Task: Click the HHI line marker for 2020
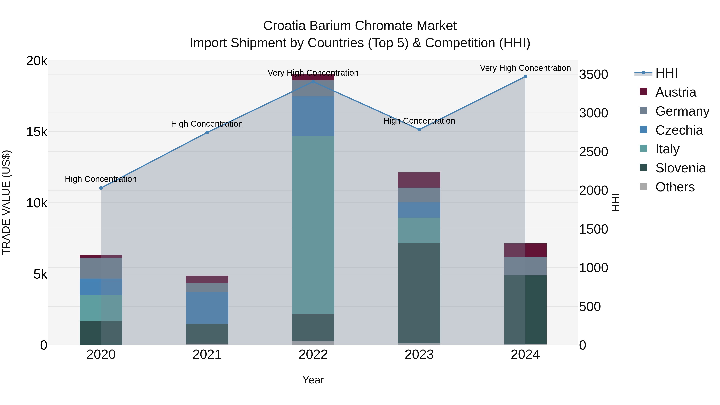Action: pyautogui.click(x=101, y=188)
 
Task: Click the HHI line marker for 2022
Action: pyautogui.click(x=313, y=82)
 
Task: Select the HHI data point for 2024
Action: pyautogui.click(x=525, y=77)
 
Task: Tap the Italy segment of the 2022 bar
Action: pyautogui.click(x=313, y=225)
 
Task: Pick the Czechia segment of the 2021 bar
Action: pyautogui.click(x=207, y=308)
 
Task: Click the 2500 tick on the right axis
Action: pyautogui.click(x=593, y=152)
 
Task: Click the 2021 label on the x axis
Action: pyautogui.click(x=207, y=355)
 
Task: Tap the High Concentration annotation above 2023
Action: pyautogui.click(x=419, y=121)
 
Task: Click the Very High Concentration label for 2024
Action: pyautogui.click(x=525, y=68)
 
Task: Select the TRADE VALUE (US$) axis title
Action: pyautogui.click(x=6, y=202)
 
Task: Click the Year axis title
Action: pyautogui.click(x=313, y=380)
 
